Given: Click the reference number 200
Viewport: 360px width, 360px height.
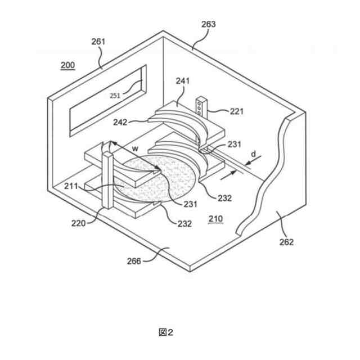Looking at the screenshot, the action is tap(67, 65).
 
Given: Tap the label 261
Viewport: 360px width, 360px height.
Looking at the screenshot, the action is tap(98, 42).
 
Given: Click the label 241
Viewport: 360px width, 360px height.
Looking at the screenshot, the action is tap(183, 81).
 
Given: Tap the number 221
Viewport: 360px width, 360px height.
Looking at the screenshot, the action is tap(237, 111).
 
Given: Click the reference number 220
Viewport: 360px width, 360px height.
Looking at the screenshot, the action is tap(79, 223).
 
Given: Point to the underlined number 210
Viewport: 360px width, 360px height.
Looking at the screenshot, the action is tap(215, 219).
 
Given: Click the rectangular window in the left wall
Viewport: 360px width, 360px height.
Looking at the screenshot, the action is tap(107, 101).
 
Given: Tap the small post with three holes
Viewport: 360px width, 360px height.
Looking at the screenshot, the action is tap(201, 106).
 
